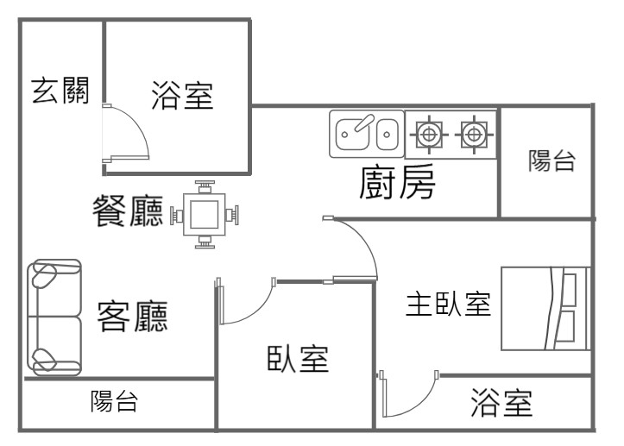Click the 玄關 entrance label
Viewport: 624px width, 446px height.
pyautogui.click(x=60, y=90)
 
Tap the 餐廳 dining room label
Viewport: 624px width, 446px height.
pyautogui.click(x=129, y=210)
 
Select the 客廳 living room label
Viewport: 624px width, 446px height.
pyautogui.click(x=132, y=317)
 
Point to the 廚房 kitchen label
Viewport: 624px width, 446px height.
pyautogui.click(x=397, y=183)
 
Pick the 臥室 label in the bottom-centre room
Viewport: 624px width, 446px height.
pyautogui.click(x=298, y=358)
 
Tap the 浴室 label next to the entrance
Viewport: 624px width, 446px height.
pyautogui.click(x=181, y=95)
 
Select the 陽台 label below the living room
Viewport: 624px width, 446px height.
pyautogui.click(x=114, y=401)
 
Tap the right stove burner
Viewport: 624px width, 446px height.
pyautogui.click(x=471, y=134)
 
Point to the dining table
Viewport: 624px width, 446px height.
pyautogui.click(x=205, y=213)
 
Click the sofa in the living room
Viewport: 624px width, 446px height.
pyautogui.click(x=54, y=317)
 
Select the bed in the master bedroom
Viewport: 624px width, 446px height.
pyautogui.click(x=545, y=308)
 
